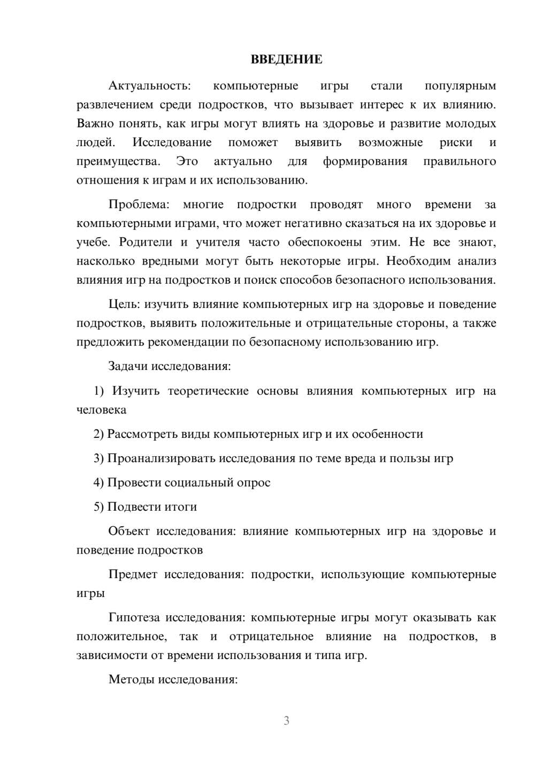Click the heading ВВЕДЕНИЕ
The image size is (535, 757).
point(286,59)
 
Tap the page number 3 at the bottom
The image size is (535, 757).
point(286,721)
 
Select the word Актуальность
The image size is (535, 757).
point(149,86)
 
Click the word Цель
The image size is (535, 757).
point(124,305)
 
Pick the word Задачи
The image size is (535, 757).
point(128,367)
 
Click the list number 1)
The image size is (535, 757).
point(99,391)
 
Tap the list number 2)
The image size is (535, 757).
point(99,434)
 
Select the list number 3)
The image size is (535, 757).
point(99,458)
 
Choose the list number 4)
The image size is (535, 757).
point(99,483)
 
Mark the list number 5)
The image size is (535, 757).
point(99,507)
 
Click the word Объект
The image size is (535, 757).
point(128,532)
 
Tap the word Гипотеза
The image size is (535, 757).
point(134,618)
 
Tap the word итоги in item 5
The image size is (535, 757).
point(181,507)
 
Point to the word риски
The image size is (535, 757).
point(456,143)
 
